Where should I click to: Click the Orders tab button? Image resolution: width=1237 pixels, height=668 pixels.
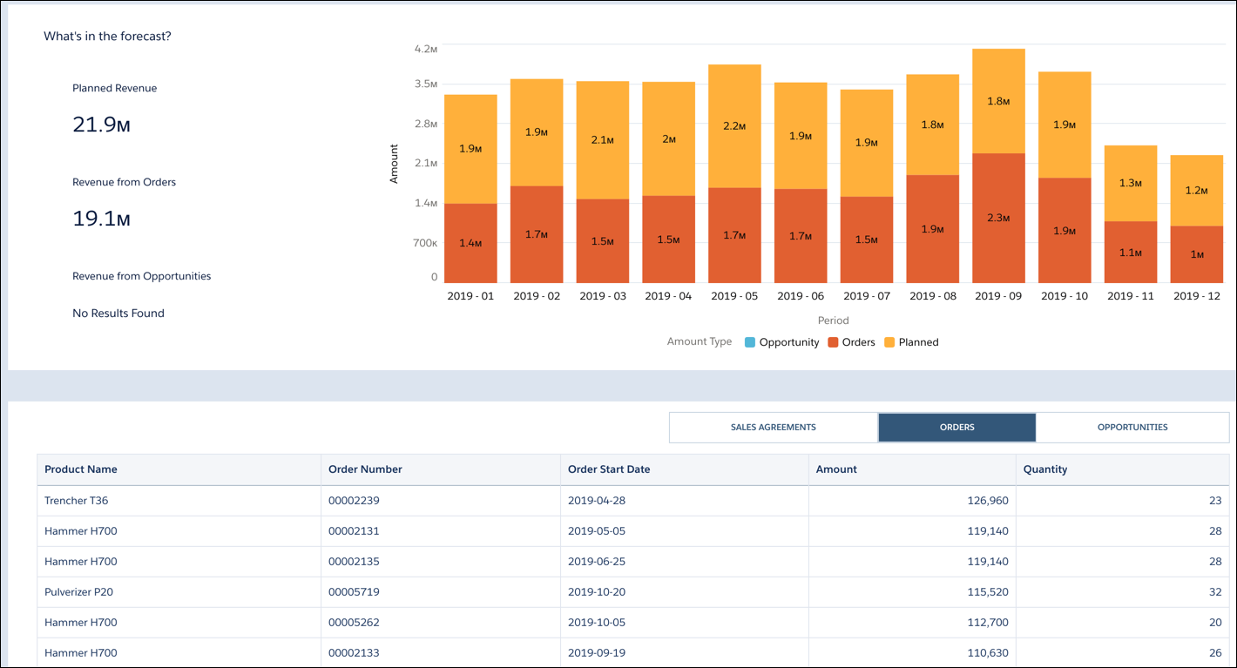point(956,428)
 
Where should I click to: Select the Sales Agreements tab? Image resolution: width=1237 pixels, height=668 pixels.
point(773,428)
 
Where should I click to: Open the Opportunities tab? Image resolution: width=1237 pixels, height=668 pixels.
point(1132,428)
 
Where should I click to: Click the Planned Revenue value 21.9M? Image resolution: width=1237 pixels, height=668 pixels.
point(101,125)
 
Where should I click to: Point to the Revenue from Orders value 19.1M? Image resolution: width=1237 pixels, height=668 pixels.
point(101,219)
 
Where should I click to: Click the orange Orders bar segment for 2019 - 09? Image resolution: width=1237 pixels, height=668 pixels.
point(998,218)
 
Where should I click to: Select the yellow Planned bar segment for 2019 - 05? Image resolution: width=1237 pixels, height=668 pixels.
point(734,126)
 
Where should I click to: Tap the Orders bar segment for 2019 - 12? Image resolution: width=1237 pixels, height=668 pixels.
point(1196,254)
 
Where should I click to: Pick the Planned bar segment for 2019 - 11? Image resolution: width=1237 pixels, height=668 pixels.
point(1131,183)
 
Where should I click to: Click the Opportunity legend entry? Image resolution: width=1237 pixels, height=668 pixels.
point(781,342)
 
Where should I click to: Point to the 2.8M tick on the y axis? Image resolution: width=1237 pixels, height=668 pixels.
point(426,124)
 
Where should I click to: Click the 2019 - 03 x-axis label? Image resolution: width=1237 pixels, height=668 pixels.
point(603,296)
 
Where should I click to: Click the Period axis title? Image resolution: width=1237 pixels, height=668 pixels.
point(833,321)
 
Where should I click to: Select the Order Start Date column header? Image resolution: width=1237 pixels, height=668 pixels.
point(609,469)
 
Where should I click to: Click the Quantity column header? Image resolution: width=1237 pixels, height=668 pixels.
point(1045,469)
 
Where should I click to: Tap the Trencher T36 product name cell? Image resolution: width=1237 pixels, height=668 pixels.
point(77,501)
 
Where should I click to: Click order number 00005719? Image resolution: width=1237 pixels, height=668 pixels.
point(354,592)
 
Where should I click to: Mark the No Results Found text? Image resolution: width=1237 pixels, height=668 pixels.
point(118,314)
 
